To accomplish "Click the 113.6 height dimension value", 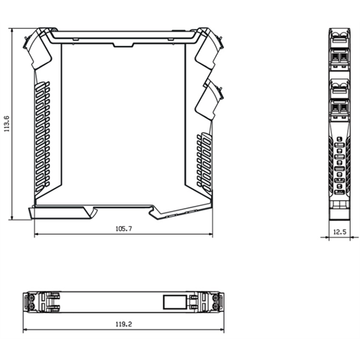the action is coord(6,124).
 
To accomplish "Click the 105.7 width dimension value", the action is coord(124,229).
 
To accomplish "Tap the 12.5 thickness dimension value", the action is coord(340,232).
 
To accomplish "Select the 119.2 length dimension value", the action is coord(124,324).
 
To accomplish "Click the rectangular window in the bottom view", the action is coord(175,302).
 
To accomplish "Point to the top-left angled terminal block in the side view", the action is coord(38,48).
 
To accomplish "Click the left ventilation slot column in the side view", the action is coord(42,137).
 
